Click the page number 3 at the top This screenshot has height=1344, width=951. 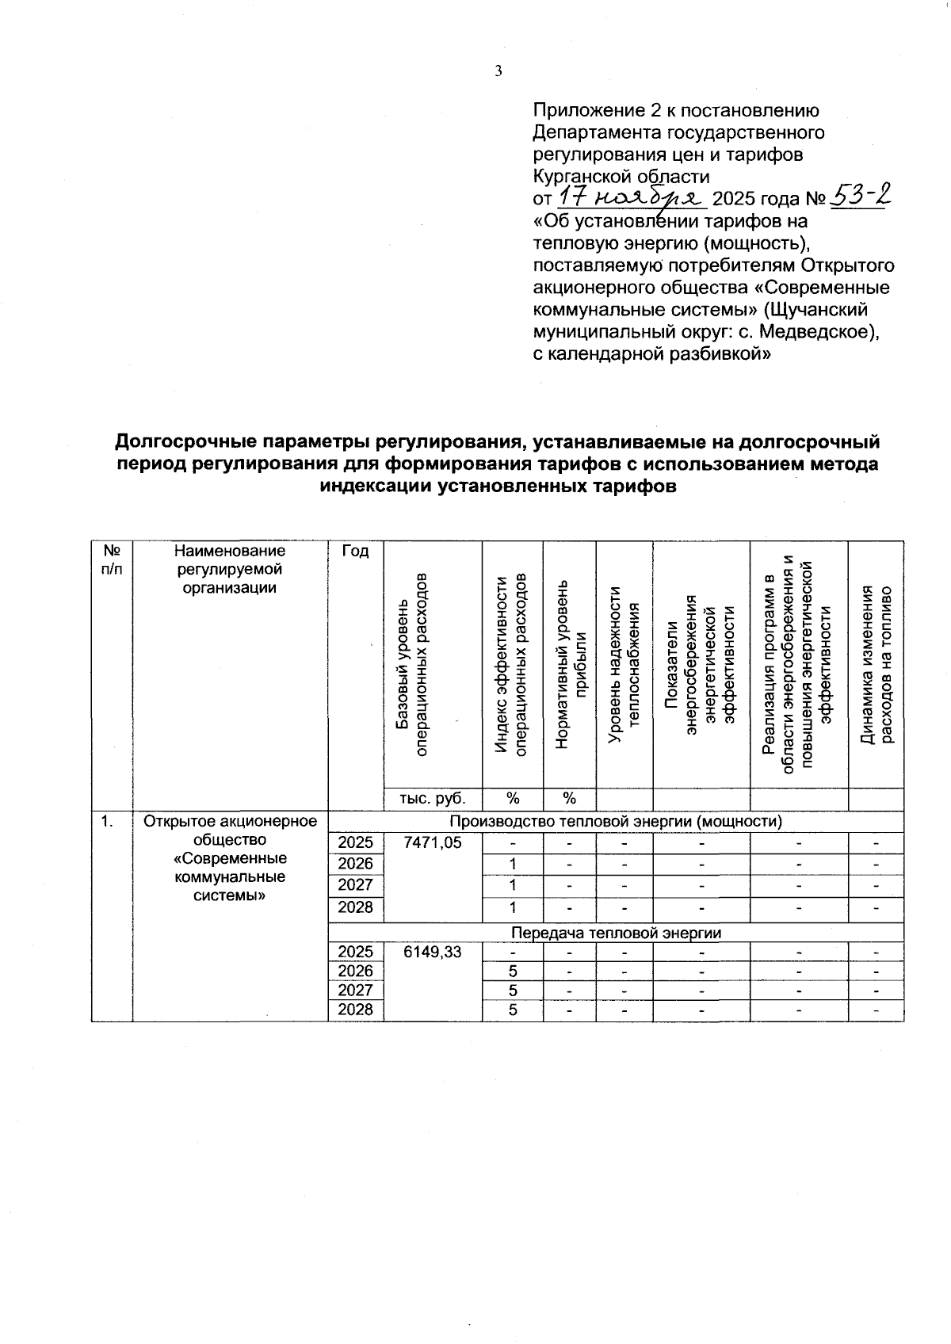[498, 71]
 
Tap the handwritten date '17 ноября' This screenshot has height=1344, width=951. [632, 197]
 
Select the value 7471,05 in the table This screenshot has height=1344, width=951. [432, 842]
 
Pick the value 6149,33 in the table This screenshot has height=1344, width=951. [432, 952]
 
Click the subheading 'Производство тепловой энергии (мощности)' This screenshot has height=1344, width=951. [616, 821]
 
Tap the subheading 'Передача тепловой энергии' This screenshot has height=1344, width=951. [616, 932]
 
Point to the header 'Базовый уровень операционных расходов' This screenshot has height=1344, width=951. [413, 664]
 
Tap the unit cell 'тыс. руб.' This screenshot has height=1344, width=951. [432, 799]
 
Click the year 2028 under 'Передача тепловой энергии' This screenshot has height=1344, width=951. [355, 1010]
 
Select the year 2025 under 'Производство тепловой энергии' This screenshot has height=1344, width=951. [355, 842]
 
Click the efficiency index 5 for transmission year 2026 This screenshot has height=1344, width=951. [513, 972]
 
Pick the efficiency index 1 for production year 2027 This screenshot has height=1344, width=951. [513, 884]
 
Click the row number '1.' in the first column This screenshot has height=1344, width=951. [106, 822]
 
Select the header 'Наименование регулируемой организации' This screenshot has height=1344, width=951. [230, 568]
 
